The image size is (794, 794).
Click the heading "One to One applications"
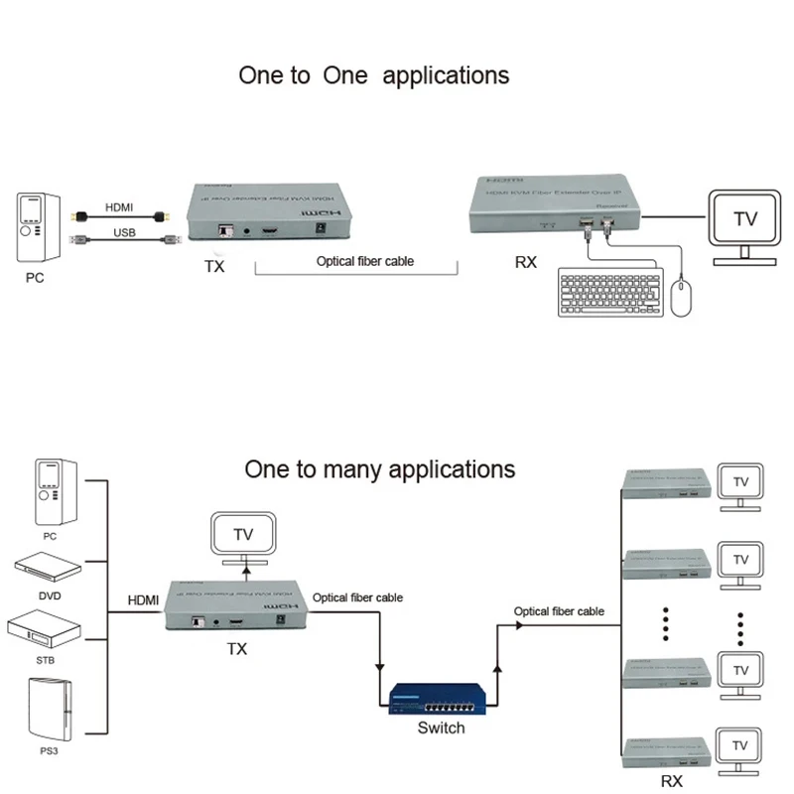point(373,75)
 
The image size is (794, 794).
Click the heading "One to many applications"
point(380,468)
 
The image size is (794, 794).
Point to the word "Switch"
point(441,728)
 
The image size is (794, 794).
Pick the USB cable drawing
point(122,238)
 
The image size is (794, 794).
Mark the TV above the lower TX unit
point(243,535)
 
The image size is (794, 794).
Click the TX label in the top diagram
point(215,267)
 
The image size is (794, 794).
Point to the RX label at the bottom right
point(671,781)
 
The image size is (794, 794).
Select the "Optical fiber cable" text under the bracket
point(364,262)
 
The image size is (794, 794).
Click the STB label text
point(49,659)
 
